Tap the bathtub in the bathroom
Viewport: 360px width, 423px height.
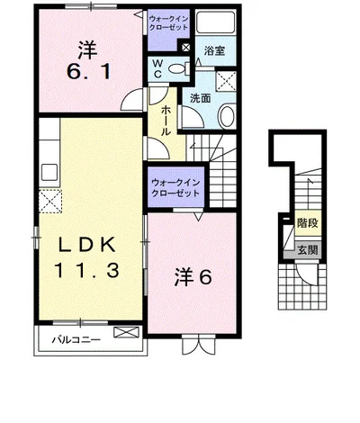pos(215,22)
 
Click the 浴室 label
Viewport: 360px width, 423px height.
pos(214,50)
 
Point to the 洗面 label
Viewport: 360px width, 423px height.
pos(201,98)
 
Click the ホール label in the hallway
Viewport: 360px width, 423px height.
pos(166,121)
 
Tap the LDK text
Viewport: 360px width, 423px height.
pos(86,244)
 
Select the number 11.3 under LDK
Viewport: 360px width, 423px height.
pos(86,270)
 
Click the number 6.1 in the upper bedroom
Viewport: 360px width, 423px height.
pos(89,72)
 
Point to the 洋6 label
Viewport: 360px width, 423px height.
pos(193,277)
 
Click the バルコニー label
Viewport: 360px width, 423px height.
pos(76,340)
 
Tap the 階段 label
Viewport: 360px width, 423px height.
pos(308,223)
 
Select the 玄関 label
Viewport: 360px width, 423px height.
pos(308,250)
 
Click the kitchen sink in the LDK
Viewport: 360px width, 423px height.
pos(49,172)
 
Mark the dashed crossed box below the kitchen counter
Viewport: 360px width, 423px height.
pos(50,202)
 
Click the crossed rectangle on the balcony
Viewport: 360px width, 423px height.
pos(127,332)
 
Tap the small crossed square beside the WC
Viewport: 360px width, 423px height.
pos(185,47)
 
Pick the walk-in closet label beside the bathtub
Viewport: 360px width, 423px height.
pos(168,22)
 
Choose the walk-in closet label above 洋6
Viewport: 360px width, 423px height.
pos(175,187)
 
